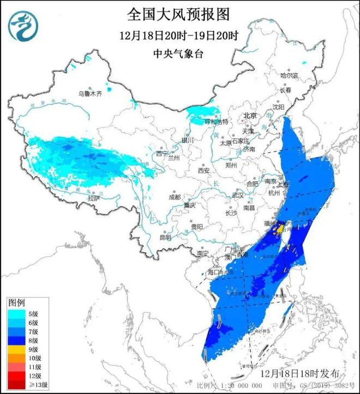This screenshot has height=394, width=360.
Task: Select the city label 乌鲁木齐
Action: point(89,94)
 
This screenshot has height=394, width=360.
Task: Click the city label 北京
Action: point(250,116)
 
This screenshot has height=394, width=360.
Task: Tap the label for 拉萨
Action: point(94,198)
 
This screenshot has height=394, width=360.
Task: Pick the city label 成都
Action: point(175,197)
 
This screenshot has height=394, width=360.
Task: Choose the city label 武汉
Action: point(238,195)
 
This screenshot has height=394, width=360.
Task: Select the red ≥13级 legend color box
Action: point(16,384)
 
